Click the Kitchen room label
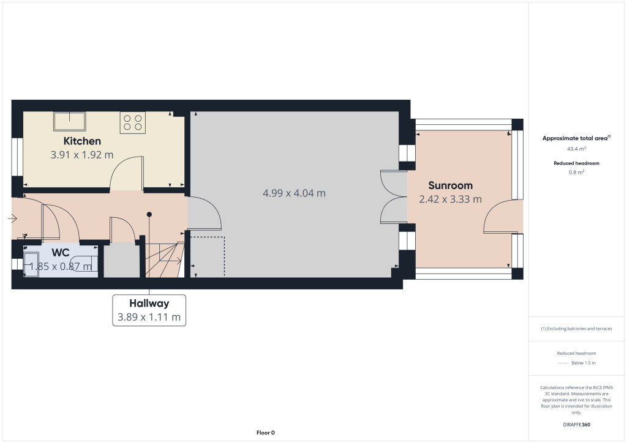[82, 141]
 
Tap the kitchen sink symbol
[70, 121]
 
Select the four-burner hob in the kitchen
[133, 122]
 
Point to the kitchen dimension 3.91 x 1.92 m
[82, 155]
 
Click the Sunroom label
[450, 185]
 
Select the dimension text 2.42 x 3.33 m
[450, 199]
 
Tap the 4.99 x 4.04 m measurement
[294, 193]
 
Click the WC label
[61, 253]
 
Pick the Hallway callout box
[149, 310]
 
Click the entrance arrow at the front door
[12, 218]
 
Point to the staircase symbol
[165, 259]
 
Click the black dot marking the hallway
[149, 215]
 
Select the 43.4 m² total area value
[576, 149]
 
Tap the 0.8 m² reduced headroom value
[576, 172]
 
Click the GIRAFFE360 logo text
[576, 425]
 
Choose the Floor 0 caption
[266, 433]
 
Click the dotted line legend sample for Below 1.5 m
[563, 363]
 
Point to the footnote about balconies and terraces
[576, 329]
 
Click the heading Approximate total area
[576, 138]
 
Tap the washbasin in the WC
[31, 264]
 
